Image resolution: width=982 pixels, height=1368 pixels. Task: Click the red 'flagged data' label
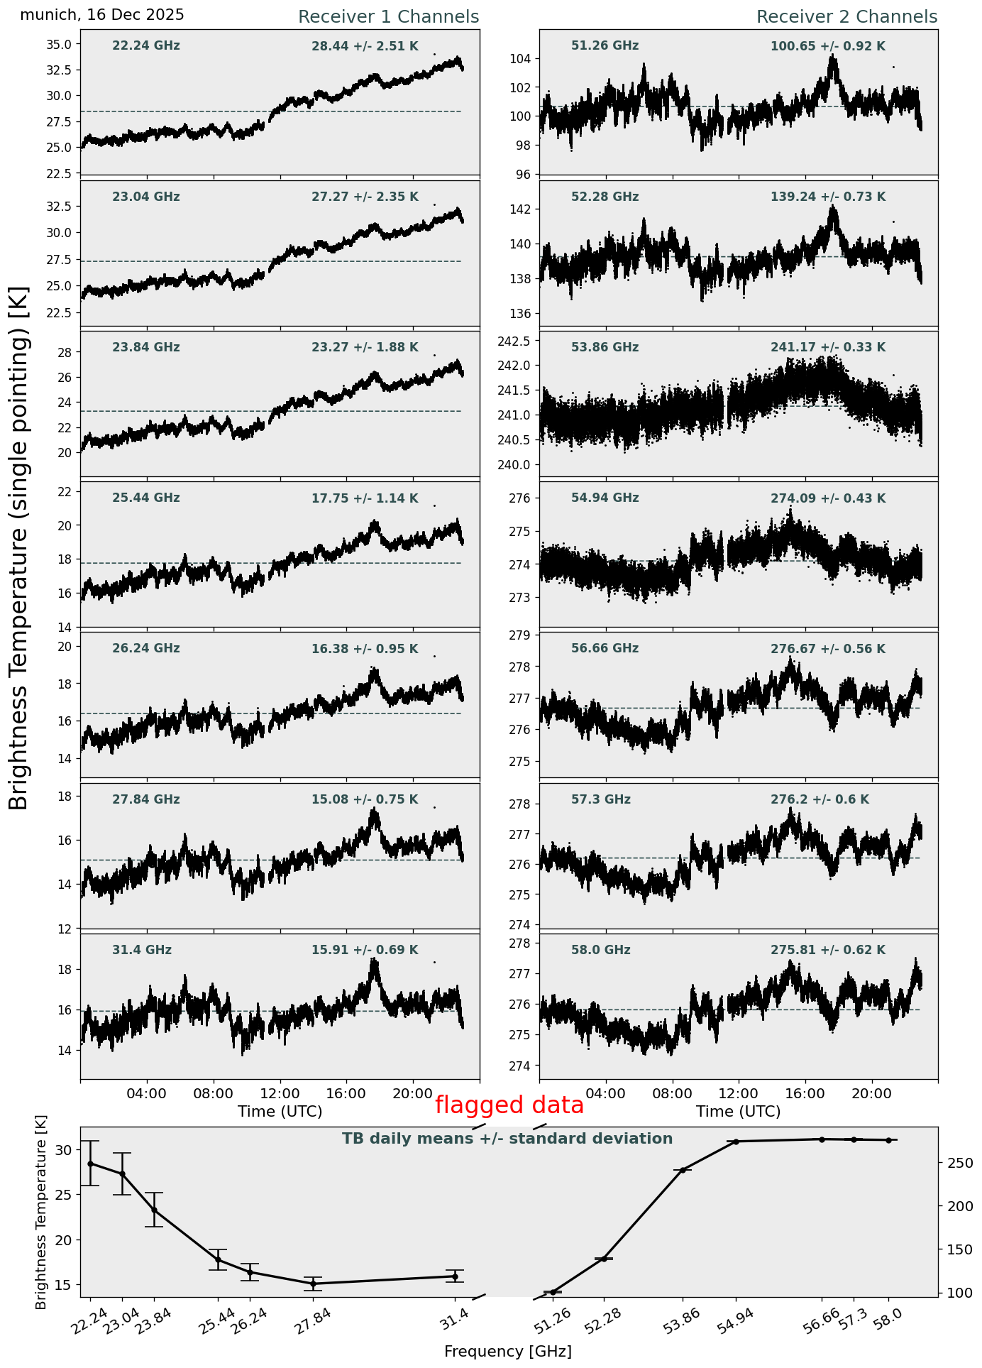509,1105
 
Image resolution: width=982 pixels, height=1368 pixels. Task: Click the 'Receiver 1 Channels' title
388,17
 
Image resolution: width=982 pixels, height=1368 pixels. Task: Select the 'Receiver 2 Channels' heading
846,17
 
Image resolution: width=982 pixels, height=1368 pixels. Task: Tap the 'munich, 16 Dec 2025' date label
102,15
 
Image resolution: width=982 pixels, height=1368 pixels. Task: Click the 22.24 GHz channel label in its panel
146,46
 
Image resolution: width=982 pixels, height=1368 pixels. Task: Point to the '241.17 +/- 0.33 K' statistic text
828,348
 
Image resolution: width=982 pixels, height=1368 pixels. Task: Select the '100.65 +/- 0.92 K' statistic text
828,47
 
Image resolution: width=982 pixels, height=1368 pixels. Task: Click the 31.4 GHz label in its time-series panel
142,950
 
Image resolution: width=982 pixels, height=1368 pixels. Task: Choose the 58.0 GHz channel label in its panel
601,950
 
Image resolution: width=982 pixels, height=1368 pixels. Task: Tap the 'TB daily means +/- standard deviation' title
507,1139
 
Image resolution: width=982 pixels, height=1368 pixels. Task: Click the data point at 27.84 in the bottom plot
313,1284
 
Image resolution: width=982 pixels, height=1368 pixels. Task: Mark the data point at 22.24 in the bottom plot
90,1164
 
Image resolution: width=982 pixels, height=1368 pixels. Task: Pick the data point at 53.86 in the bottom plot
683,1170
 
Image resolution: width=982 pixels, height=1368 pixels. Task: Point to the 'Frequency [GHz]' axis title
507,1351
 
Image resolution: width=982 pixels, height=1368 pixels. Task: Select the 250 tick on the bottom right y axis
955,1163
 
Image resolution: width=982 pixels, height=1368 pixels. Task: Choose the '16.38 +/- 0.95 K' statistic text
365,649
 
